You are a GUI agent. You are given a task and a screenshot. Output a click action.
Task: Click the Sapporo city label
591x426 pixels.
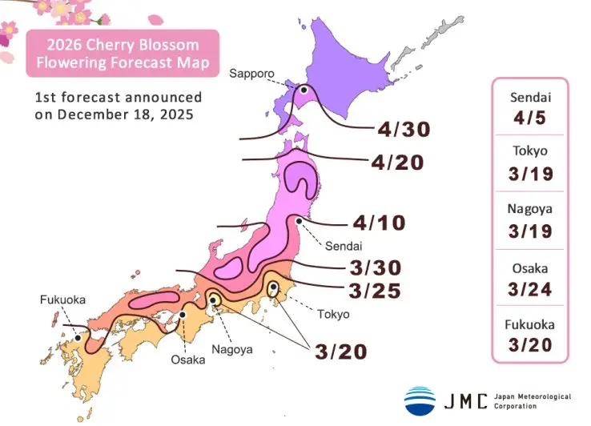tap(251, 74)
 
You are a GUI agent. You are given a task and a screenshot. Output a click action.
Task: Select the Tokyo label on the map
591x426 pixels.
tap(332, 314)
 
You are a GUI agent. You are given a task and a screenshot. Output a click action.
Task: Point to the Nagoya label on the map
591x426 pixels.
tap(232, 349)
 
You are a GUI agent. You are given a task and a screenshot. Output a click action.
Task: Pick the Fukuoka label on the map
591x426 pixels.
tap(62, 300)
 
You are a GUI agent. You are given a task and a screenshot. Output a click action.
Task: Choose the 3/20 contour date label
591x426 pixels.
tap(341, 351)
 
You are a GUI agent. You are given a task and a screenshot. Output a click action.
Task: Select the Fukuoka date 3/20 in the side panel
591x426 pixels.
tap(529, 345)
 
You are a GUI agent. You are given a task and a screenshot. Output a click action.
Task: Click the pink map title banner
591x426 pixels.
tap(123, 53)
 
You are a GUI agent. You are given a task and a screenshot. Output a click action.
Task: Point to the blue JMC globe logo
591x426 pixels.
tap(420, 400)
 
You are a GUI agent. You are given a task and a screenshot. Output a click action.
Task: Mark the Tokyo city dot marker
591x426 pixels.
tap(273, 287)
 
